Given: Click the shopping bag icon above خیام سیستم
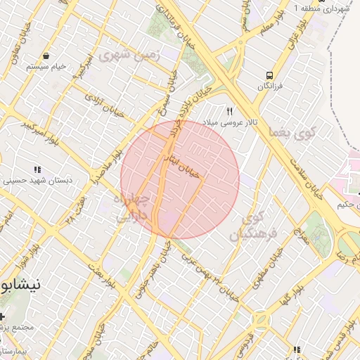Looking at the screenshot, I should pos(46,56).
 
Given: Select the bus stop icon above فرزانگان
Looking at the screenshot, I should pos(269,75).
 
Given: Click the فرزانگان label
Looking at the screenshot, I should pos(269,86).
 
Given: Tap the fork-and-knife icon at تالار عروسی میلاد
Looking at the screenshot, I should pos(229,112).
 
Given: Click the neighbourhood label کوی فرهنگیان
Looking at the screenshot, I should pos(254,226).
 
